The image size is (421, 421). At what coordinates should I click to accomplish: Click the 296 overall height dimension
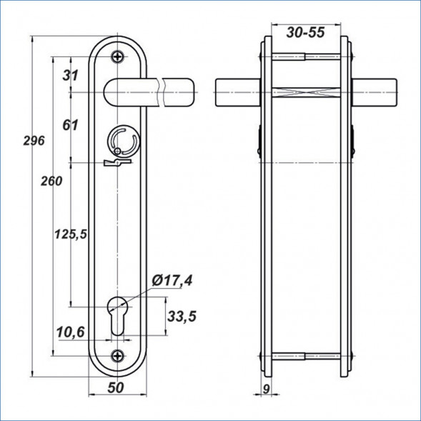[x=34, y=141]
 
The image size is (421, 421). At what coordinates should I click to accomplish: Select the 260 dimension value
[x=51, y=182]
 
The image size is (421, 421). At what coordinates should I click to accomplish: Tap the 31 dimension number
[x=70, y=75]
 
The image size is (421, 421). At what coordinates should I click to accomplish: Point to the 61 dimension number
[x=70, y=125]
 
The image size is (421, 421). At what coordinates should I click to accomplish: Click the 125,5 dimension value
[x=71, y=234]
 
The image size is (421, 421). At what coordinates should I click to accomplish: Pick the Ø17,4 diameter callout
[x=172, y=281]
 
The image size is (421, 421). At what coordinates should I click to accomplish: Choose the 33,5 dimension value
[x=182, y=316]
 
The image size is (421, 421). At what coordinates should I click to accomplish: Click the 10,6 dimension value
[x=70, y=332]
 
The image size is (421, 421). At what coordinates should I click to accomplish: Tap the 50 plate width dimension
[x=116, y=387]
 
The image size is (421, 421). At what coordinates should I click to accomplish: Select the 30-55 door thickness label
[x=305, y=32]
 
